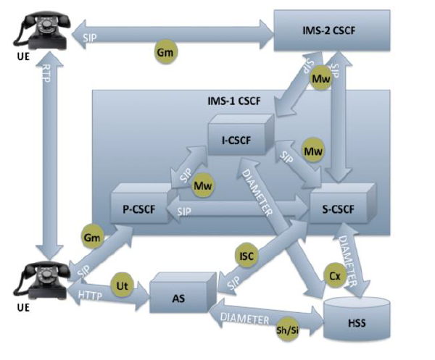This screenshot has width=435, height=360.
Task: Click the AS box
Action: click(177, 298)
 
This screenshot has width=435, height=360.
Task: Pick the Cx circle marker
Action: click(334, 276)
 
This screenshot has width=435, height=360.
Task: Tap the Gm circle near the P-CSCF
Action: click(92, 237)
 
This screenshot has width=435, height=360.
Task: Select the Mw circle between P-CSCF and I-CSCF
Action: click(203, 185)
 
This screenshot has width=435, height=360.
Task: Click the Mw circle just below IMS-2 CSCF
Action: click(320, 78)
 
